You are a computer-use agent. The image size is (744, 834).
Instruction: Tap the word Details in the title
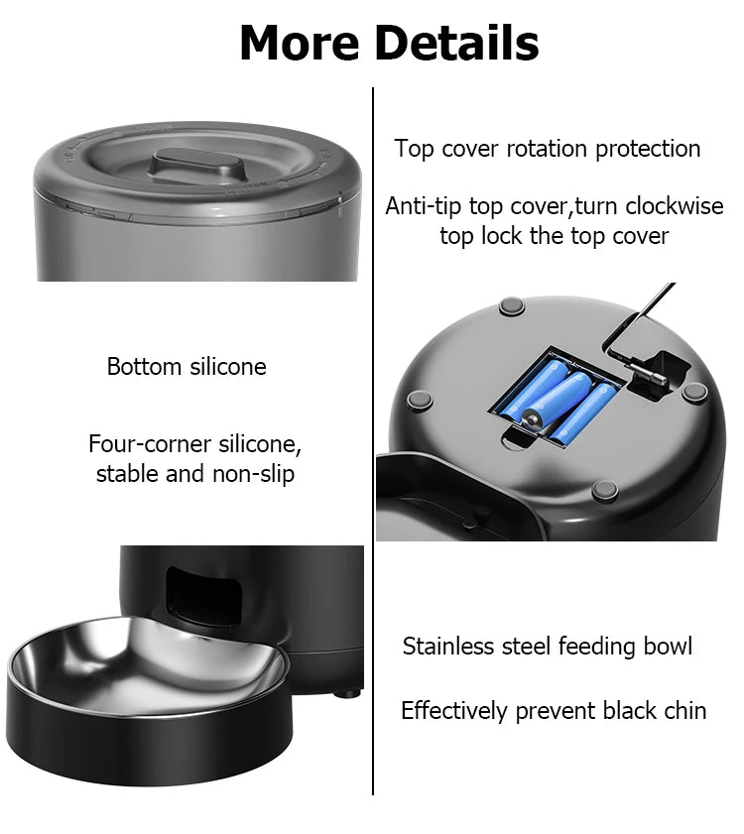click(458, 44)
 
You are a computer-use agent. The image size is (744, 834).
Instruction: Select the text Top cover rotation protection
click(548, 149)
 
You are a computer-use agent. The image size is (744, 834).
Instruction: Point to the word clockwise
click(672, 206)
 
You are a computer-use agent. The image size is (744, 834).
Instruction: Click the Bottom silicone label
click(186, 367)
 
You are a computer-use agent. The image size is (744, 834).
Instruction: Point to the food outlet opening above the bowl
click(204, 593)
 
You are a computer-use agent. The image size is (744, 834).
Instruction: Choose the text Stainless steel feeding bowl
click(548, 647)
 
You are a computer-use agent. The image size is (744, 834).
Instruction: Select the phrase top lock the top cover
click(555, 236)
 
